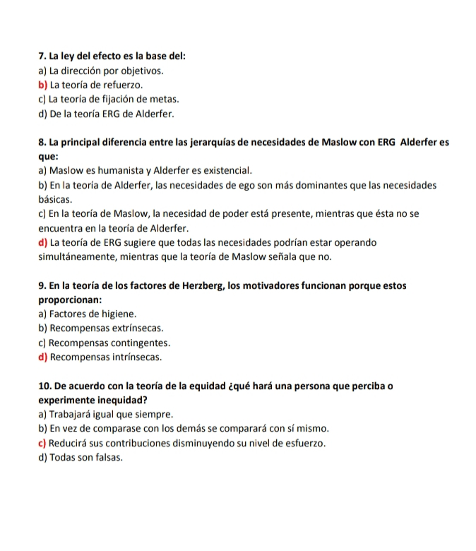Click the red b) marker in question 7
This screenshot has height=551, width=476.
43,85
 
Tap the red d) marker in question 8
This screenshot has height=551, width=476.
43,242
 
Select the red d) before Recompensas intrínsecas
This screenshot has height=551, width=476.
43,357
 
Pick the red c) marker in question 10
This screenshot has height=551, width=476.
43,443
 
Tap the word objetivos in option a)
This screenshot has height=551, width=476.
141,71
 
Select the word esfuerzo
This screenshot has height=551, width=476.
303,443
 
